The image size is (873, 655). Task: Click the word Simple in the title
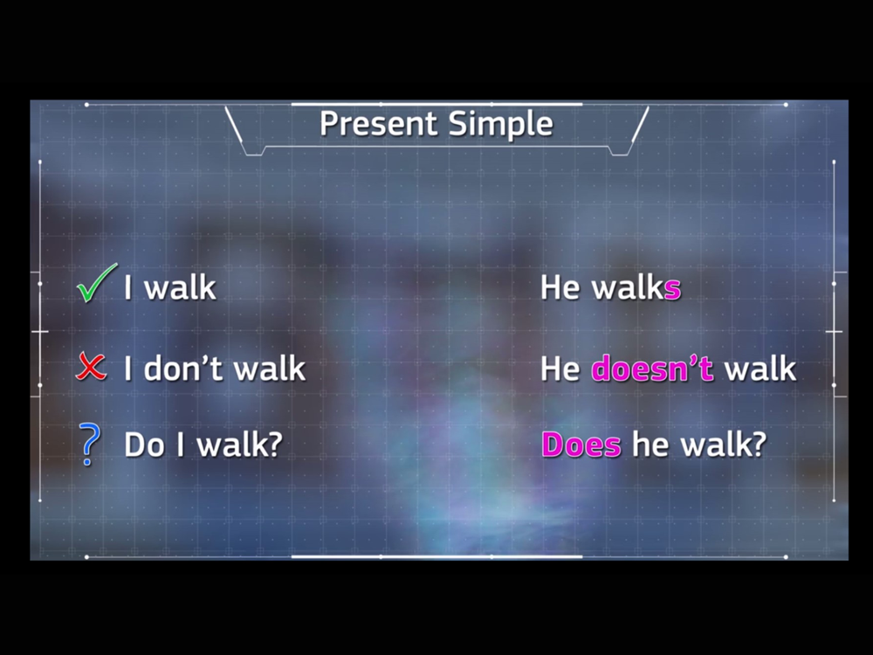(501, 124)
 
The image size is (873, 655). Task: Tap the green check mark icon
(97, 283)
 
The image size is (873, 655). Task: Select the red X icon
(91, 366)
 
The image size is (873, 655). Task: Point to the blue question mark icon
(90, 444)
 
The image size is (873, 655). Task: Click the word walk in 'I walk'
(180, 287)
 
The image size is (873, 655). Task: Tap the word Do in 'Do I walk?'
(144, 445)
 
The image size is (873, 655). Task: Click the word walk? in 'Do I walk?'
(240, 445)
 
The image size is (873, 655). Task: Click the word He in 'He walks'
(560, 288)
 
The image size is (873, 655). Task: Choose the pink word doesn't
(652, 369)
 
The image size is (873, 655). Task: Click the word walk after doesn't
(760, 369)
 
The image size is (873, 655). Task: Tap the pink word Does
(581, 445)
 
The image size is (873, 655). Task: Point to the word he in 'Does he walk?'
(651, 445)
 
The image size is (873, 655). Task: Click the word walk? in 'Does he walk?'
(724, 445)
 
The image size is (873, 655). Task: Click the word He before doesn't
(560, 369)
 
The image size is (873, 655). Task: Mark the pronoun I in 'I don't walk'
(128, 369)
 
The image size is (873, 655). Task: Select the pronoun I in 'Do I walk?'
(181, 445)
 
